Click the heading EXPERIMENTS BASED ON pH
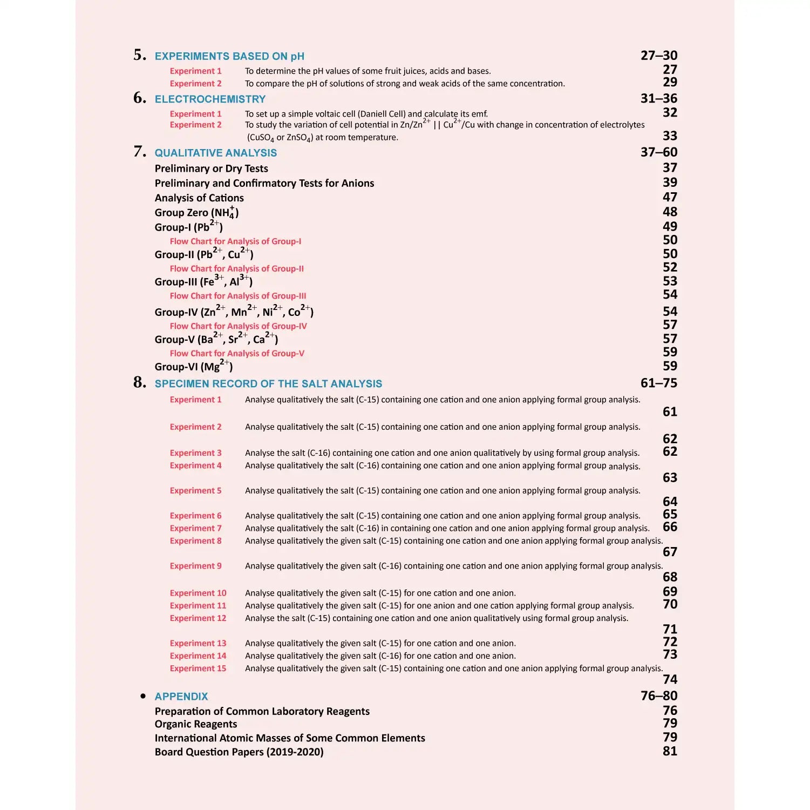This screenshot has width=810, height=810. pos(229,56)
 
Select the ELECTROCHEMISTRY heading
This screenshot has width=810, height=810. pos(210,99)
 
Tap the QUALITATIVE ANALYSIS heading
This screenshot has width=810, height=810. pos(215,153)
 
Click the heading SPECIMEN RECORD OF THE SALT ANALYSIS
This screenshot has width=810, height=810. pos(268,384)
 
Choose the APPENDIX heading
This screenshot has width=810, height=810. pos(181,697)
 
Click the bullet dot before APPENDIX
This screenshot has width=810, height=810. pos(143,696)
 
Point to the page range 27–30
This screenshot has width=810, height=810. pos(658,56)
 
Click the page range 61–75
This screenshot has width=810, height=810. pos(658,383)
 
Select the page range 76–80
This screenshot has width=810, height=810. pos(658,696)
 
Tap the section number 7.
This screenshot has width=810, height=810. pos(140,152)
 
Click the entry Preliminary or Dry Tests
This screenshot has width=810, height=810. pos(211,168)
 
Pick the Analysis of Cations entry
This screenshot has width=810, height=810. pos(199,198)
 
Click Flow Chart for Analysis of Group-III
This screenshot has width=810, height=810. pos(237,296)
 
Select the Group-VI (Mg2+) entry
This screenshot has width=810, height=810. pos(193,366)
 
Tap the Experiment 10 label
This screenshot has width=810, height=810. pos(198,593)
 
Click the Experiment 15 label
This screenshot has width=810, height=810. pos(198,669)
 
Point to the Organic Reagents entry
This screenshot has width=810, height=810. pos(196,724)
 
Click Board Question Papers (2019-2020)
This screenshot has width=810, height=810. pos(239,752)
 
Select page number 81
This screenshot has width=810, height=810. pos(670,751)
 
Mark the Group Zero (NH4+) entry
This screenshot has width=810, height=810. pos(196,212)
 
